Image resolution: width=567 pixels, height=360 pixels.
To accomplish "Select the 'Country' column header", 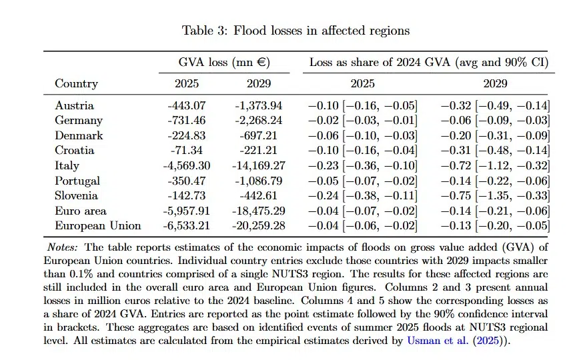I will (x=76, y=84).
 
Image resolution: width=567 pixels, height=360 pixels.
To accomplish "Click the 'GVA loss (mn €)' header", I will (x=224, y=63).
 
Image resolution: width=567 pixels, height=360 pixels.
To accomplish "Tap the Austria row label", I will (x=74, y=105).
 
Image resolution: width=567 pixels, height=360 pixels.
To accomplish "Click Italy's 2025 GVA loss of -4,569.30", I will (x=186, y=165).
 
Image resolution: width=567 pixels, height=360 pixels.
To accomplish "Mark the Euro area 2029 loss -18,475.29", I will (x=259, y=211).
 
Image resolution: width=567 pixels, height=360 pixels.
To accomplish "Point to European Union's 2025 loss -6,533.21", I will (x=186, y=226).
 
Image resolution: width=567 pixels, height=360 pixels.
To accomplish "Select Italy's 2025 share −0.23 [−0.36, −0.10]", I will (x=362, y=165).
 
